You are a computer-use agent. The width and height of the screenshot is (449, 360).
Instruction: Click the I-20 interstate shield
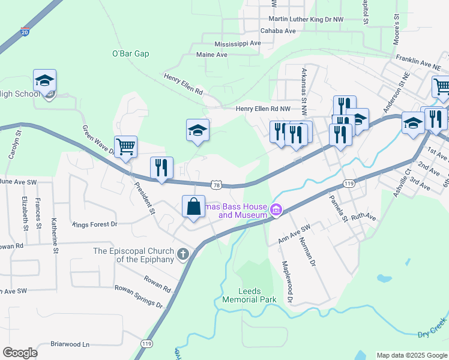pos(25,30)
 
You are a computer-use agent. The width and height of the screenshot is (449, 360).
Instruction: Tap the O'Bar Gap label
pos(130,53)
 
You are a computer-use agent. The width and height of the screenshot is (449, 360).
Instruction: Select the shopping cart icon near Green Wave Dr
pos(126,146)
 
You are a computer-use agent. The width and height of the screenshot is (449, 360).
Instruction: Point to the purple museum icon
pos(276,209)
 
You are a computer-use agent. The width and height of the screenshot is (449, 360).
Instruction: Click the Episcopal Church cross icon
pos(182,254)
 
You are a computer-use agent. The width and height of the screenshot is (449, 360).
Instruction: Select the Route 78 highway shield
pos(215,185)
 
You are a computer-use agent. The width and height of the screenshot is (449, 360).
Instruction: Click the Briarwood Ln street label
pos(70,344)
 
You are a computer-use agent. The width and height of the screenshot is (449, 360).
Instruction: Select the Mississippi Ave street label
pos(238,44)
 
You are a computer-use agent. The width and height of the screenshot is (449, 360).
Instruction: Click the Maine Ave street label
pos(212,55)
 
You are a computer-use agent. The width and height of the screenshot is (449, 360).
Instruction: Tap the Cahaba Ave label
pos(278,31)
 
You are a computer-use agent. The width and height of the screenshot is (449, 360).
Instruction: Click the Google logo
pos(20,353)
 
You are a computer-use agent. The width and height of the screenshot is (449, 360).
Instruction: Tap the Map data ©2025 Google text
pos(411,355)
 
